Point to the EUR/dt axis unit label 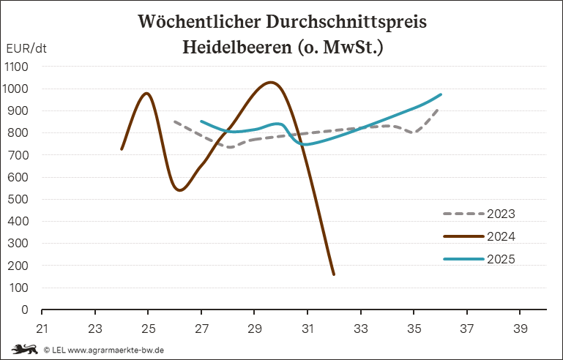click(x=26, y=49)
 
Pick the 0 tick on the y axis click(x=25, y=310)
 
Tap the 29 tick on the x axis click(x=255, y=328)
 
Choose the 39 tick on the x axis click(x=521, y=328)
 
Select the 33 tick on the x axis click(x=361, y=328)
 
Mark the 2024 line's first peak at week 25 click(x=147, y=93)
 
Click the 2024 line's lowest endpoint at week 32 click(x=334, y=274)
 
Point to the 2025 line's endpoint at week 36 click(x=441, y=94)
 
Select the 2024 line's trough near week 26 click(x=179, y=190)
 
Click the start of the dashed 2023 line click(x=174, y=121)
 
